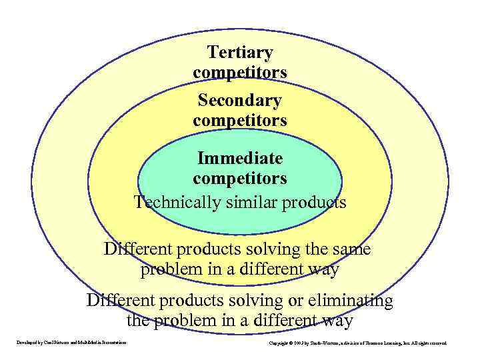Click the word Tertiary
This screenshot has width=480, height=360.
[240, 52]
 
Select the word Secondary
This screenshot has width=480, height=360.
[240, 101]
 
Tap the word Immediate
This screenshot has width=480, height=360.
[240, 159]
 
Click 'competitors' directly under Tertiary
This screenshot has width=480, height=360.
[240, 71]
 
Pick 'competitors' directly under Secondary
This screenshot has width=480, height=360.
[240, 121]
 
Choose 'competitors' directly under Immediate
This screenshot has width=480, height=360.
[240, 179]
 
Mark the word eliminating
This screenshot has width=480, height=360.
[351, 301]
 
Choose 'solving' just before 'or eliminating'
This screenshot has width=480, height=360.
[251, 301]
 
